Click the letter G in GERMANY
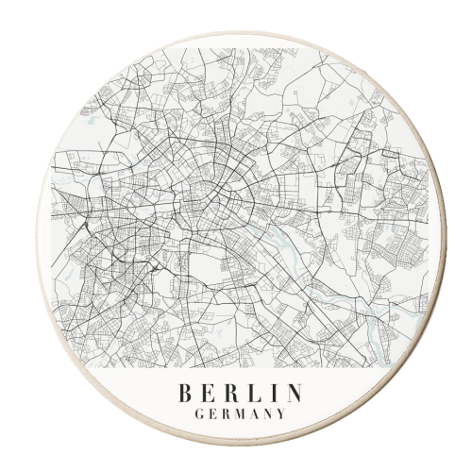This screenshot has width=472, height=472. pos(196,413)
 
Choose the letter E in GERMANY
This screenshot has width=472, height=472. pos(210,413)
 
